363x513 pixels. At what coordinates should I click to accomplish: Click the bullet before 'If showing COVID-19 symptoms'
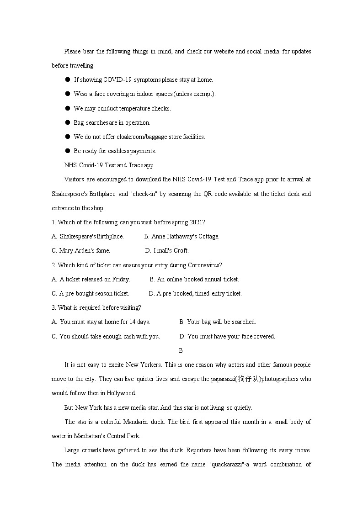pyautogui.click(x=67, y=79)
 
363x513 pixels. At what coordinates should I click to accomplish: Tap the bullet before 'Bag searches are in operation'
pyautogui.click(x=67, y=122)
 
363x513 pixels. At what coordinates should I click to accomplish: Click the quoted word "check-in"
pyautogui.click(x=144, y=194)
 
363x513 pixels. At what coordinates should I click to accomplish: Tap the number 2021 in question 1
pyautogui.click(x=195, y=222)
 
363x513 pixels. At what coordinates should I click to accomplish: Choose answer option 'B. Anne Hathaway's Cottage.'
pyautogui.click(x=181, y=236)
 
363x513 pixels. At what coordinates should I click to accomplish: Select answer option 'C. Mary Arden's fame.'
pyautogui.click(x=81, y=250)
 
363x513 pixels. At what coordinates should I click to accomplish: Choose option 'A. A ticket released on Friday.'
pyautogui.click(x=91, y=279)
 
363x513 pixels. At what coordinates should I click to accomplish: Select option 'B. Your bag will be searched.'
pyautogui.click(x=218, y=322)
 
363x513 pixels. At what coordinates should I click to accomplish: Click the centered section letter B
pyautogui.click(x=181, y=350)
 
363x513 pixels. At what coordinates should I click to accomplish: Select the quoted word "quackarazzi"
pyautogui.click(x=225, y=464)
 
